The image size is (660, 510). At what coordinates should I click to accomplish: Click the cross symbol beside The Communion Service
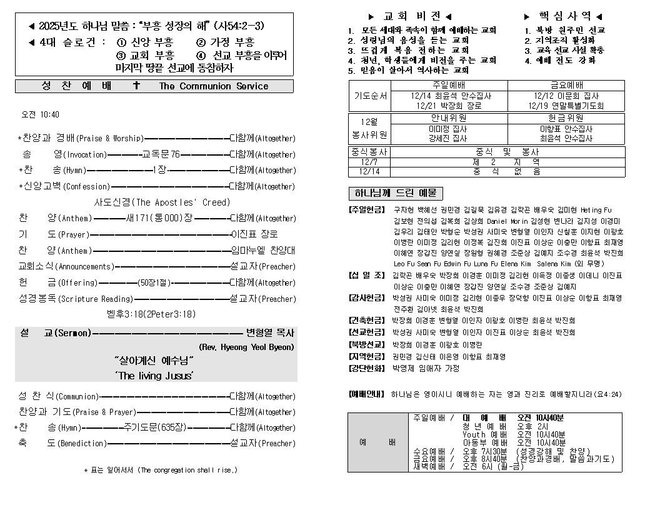click(x=136, y=86)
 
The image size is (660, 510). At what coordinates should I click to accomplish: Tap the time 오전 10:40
click(x=41, y=115)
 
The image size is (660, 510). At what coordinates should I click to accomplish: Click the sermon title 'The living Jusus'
click(x=154, y=376)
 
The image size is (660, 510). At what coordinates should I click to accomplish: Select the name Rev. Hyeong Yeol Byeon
click(x=246, y=347)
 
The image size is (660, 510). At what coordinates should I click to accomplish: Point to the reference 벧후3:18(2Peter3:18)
click(x=156, y=314)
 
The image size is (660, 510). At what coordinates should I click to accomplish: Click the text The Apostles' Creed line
click(x=153, y=202)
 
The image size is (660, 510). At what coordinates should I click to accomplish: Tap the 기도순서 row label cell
click(x=371, y=96)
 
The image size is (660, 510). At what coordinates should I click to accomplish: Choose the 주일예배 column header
click(x=451, y=85)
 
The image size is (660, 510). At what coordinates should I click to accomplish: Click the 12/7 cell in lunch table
click(x=369, y=161)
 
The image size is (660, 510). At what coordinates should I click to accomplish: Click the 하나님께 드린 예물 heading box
click(x=395, y=193)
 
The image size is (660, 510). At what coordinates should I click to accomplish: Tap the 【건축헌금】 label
click(x=367, y=320)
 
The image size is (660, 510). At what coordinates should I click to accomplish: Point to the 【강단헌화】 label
click(x=367, y=368)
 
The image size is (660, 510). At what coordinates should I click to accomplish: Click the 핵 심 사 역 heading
click(x=564, y=16)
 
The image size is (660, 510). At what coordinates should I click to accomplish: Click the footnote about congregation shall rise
click(x=161, y=470)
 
